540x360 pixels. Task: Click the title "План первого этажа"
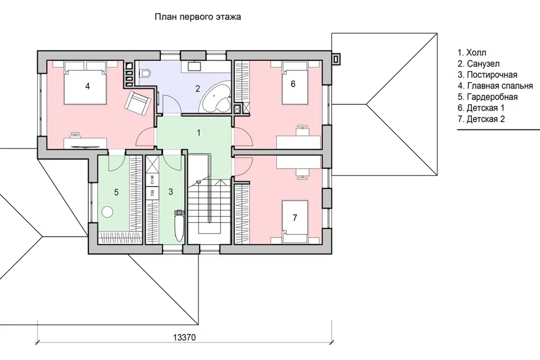[197, 17]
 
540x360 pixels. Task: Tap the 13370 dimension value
[184, 337]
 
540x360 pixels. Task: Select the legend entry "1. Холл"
[472, 52]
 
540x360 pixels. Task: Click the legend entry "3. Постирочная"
[487, 74]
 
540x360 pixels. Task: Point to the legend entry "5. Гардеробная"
[487, 97]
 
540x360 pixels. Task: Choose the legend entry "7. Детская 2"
[481, 119]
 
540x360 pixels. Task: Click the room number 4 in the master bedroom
[88, 85]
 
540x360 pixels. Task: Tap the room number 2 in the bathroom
[197, 89]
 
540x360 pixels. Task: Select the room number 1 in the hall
[199, 133]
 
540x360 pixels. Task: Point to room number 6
[293, 84]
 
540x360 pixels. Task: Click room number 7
[295, 218]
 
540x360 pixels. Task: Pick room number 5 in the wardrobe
[116, 192]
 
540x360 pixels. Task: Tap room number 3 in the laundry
[171, 192]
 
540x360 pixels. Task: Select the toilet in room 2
[145, 73]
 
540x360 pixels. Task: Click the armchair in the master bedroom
[137, 103]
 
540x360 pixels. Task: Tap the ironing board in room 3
[179, 226]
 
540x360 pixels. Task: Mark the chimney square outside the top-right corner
[336, 58]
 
